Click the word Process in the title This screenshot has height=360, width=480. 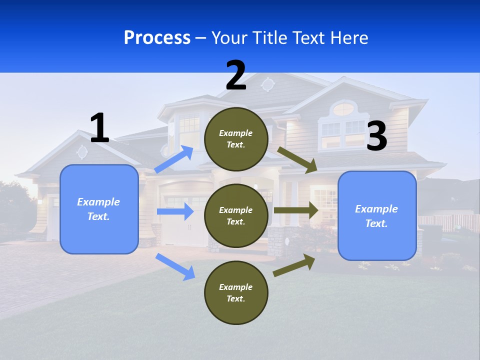click(x=157, y=37)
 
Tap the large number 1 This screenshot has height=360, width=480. click(x=99, y=128)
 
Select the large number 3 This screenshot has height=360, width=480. click(x=376, y=136)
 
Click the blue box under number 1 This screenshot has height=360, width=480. click(x=99, y=209)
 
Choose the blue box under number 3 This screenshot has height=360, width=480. click(x=377, y=215)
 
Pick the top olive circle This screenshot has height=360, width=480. click(x=236, y=139)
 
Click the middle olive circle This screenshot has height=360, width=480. click(x=236, y=215)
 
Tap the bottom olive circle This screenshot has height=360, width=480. click(x=236, y=292)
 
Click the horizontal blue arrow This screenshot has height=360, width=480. click(x=175, y=211)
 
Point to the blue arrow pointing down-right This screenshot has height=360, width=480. click(x=175, y=266)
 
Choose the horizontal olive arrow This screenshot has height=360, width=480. click(x=296, y=210)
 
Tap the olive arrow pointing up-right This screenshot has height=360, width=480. click(x=294, y=265)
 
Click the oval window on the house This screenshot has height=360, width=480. click(x=343, y=109)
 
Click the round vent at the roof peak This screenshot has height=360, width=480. click(x=268, y=84)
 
